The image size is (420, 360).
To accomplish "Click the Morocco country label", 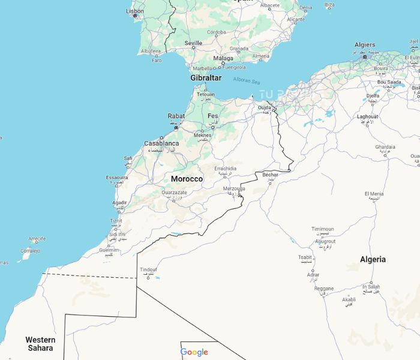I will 187,179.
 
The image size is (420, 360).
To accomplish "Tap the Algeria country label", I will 373,259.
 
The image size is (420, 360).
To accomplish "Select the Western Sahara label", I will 40,344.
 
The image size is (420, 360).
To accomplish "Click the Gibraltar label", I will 206,78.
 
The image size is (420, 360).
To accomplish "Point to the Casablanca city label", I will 161,144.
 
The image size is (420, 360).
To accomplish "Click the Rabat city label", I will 176,116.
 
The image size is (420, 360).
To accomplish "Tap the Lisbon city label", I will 134,11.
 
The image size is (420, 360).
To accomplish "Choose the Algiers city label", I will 364,45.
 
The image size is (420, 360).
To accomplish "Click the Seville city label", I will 193,43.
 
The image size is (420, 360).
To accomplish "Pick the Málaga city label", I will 223,58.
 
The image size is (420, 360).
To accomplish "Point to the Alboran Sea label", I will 246,80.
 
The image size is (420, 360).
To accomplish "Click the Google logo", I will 194,352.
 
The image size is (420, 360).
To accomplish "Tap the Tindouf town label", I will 148,270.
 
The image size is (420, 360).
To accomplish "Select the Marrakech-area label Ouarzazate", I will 174,193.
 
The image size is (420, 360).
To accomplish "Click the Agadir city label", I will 119,203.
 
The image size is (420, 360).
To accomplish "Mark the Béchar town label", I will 271,175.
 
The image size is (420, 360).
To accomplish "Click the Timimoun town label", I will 322,229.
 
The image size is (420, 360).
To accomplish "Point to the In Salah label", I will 371,287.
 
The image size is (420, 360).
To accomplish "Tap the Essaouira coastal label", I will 116,178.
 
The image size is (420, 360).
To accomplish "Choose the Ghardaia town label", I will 385,147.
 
